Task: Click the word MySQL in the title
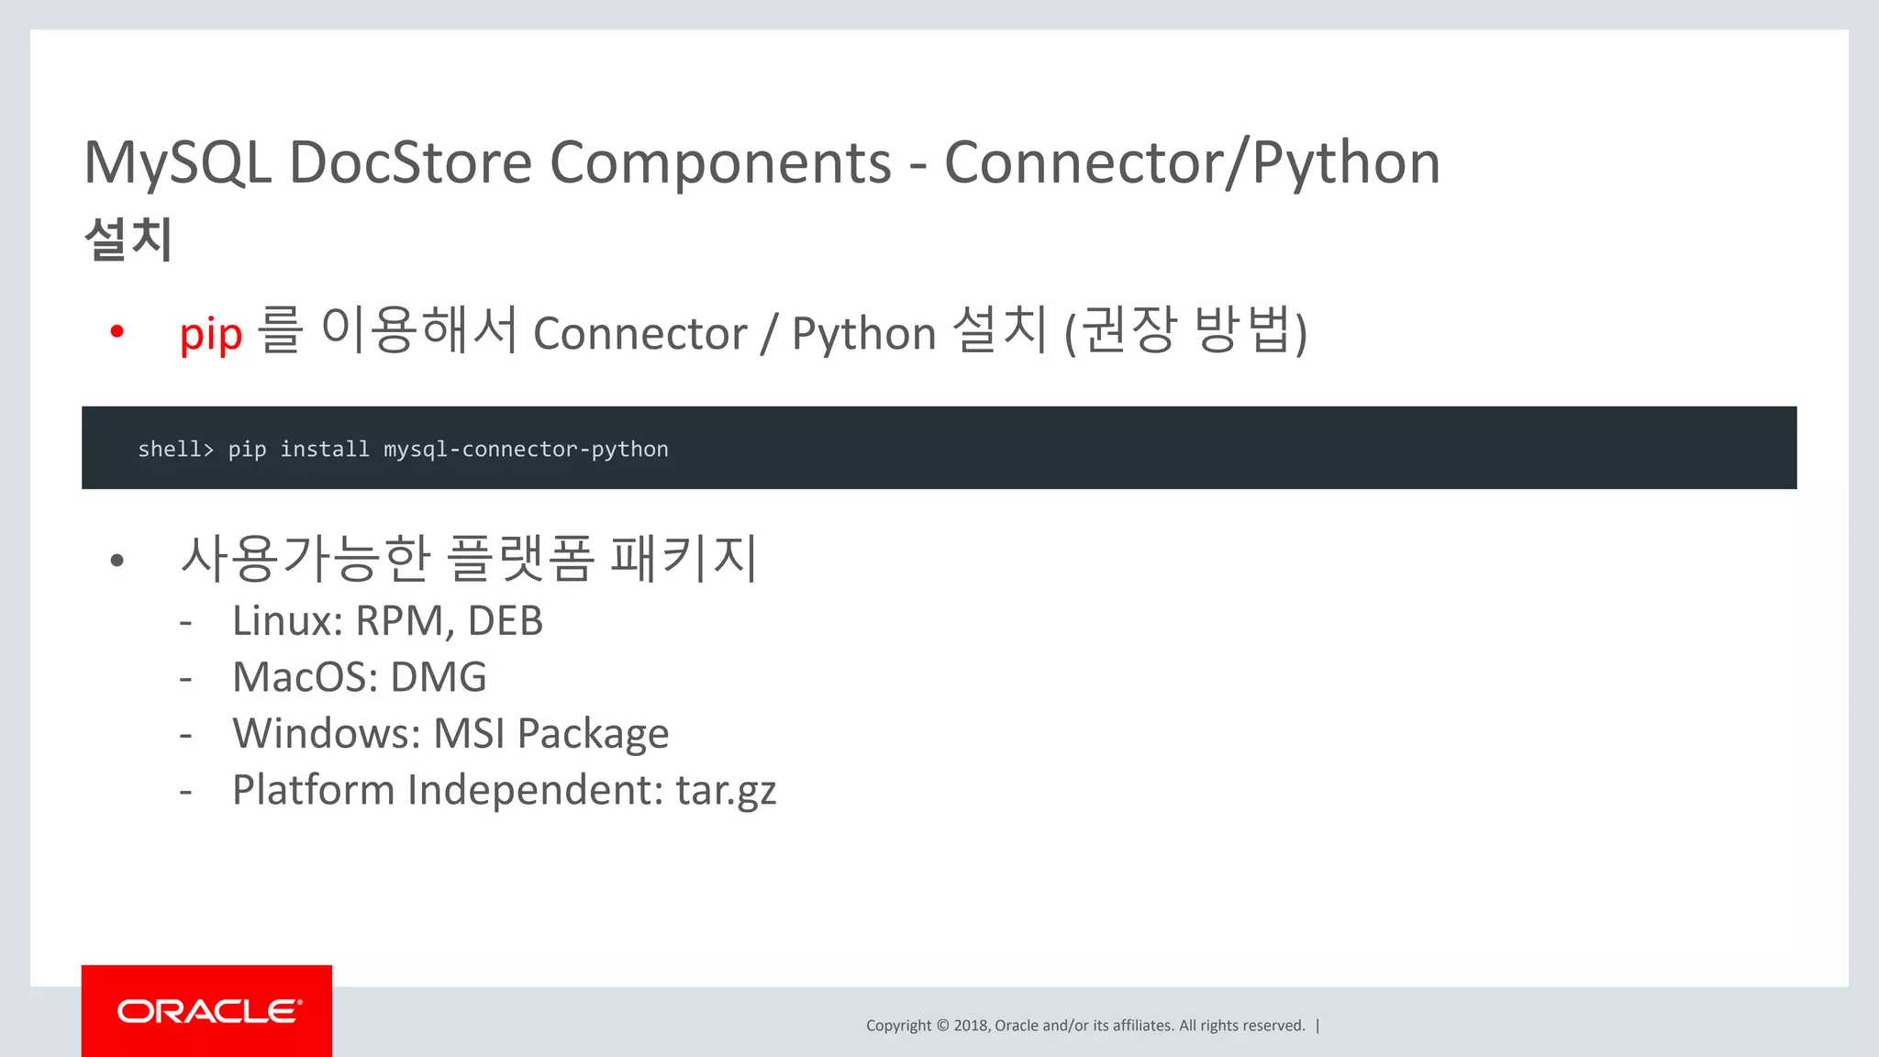178,163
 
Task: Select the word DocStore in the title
410,163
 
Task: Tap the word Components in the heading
720,163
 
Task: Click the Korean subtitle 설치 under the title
128,239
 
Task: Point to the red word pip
211,334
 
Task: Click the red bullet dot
117,331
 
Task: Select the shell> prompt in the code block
175,449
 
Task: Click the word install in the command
324,449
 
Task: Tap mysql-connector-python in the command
526,449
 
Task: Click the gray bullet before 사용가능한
117,560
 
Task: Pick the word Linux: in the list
287,621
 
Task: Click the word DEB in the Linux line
506,621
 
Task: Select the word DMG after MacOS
439,678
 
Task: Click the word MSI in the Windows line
469,734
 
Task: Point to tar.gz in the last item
726,791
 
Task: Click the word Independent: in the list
535,790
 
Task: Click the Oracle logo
207,1011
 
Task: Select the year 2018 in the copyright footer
971,1026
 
